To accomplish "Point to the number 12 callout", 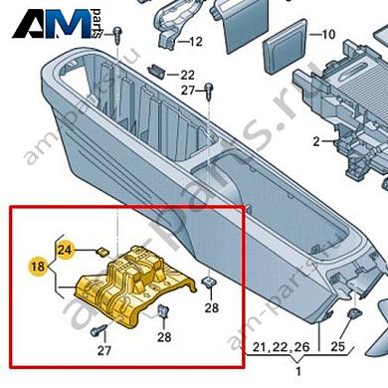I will [194, 42].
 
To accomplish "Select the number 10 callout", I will [329, 35].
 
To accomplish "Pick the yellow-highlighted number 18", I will [36, 267].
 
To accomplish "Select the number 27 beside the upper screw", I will [188, 91].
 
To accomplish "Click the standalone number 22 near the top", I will [188, 75].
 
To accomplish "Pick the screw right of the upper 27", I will [209, 93].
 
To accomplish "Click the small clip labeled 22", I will [158, 71].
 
